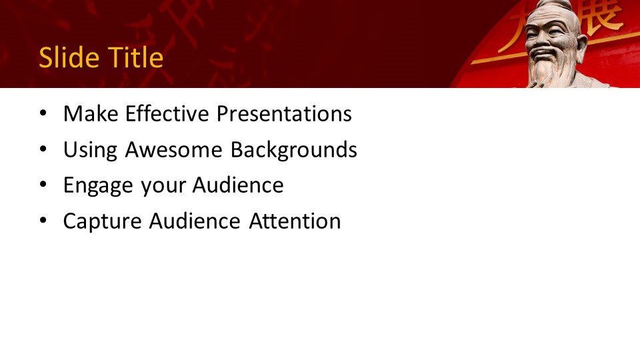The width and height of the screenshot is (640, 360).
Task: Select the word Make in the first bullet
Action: click(x=91, y=113)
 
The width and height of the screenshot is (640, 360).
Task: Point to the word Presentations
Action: click(x=284, y=113)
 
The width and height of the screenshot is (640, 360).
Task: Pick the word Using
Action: click(x=90, y=150)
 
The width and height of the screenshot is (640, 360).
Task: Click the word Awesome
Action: click(x=174, y=149)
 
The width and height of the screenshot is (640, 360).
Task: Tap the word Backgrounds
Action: click(x=294, y=149)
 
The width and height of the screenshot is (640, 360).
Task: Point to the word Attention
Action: click(x=295, y=221)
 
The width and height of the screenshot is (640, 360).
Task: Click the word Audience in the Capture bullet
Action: click(x=195, y=221)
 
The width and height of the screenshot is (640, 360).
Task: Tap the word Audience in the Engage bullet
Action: click(x=238, y=185)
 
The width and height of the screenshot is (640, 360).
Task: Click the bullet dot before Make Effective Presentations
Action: click(x=43, y=113)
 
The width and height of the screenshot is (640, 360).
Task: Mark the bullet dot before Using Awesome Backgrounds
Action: click(x=43, y=149)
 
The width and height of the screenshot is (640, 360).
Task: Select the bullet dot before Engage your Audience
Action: click(x=43, y=185)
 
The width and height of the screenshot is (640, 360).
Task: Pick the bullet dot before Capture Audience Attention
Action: click(x=43, y=221)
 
